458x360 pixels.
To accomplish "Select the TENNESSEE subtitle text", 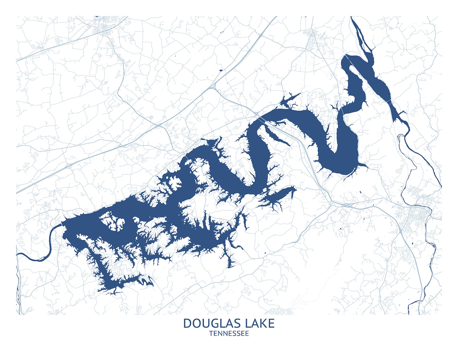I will coord(229,333).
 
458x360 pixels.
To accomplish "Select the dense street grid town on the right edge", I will coord(414,219).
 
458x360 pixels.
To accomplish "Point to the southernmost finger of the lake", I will coord(230,263).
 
